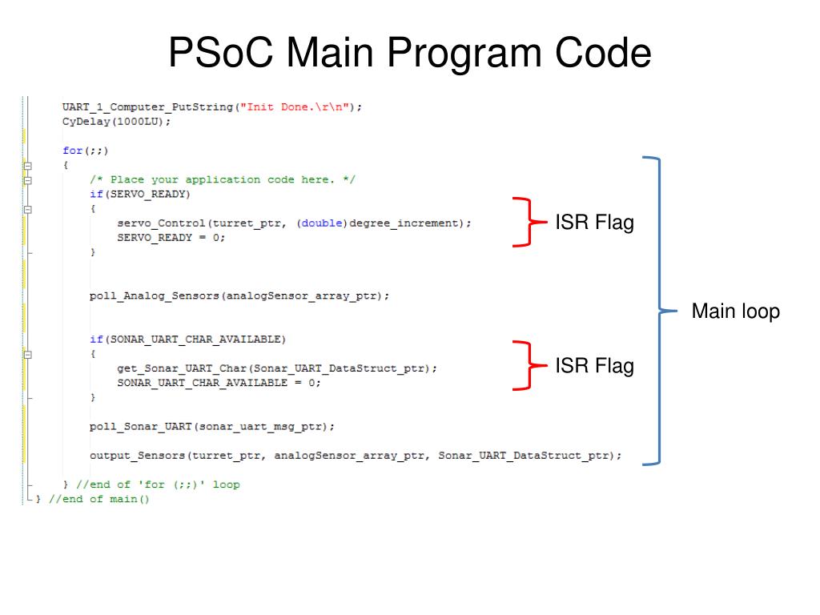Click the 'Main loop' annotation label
(735, 311)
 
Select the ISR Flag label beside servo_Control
(594, 222)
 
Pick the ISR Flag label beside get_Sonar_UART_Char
(594, 366)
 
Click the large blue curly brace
(658, 311)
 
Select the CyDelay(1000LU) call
(116, 122)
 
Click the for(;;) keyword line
(85, 151)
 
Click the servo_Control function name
(160, 223)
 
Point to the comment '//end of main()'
(99, 499)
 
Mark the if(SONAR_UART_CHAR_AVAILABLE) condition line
(187, 340)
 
